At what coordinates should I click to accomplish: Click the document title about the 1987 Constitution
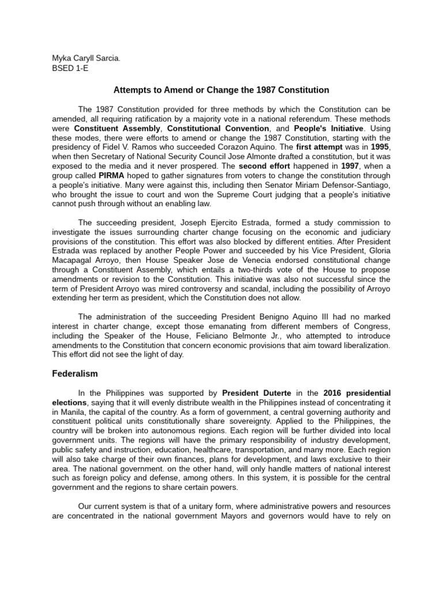221,90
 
